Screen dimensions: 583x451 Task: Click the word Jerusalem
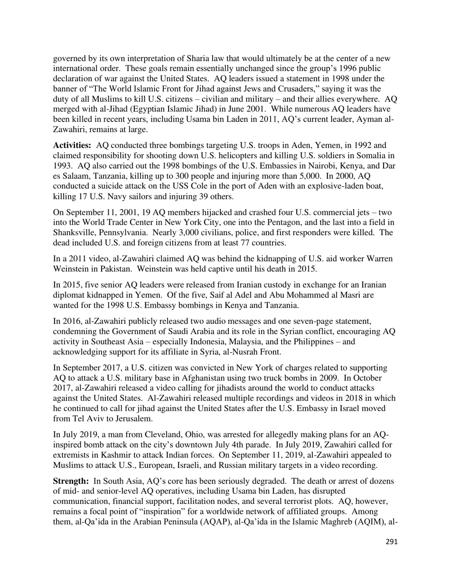coord(139,419)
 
